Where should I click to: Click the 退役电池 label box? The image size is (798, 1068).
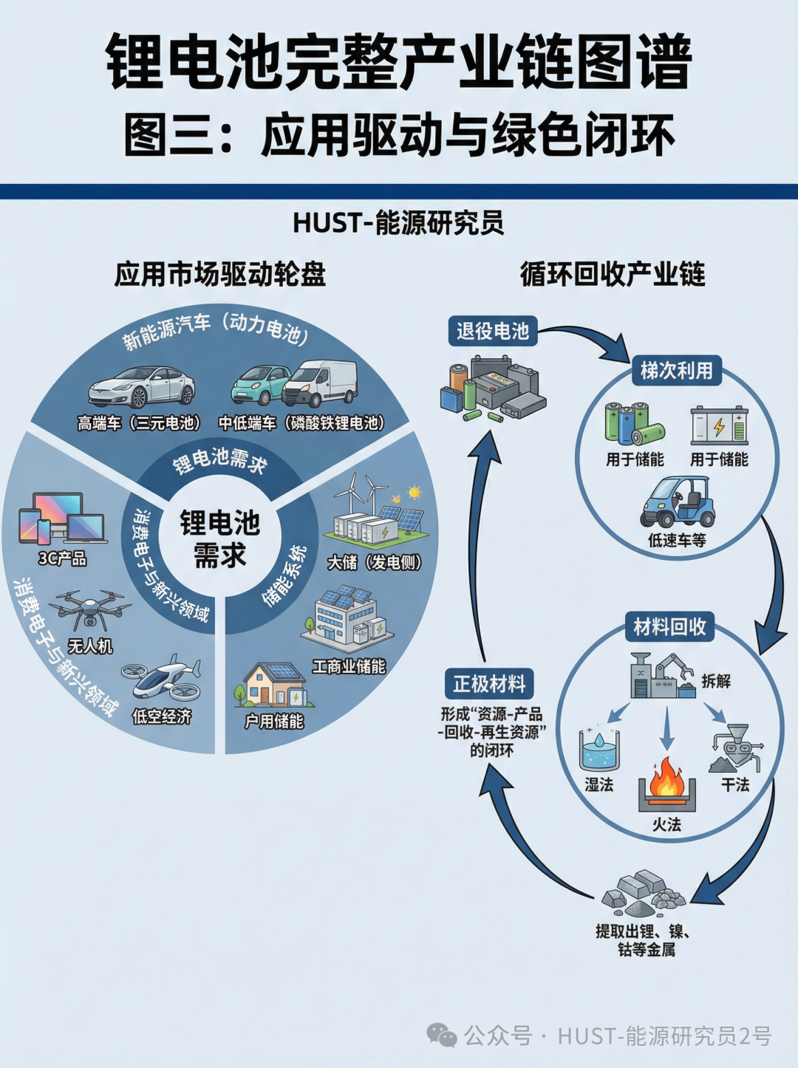coord(492,332)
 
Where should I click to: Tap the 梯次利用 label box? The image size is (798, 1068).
coord(676,372)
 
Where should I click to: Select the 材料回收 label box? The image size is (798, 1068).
coord(669,626)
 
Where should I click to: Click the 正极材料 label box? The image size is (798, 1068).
coord(489,684)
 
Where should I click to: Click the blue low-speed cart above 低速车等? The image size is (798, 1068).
coord(678,503)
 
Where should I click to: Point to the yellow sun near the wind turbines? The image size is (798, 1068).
coord(415,493)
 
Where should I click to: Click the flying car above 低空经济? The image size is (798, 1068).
coord(160,677)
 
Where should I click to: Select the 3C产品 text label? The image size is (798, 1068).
coord(62,558)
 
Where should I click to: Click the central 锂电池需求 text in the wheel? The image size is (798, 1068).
coord(220,538)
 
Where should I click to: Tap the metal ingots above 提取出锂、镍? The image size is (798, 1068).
coord(644,896)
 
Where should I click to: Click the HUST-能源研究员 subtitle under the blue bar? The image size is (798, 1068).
coord(398,223)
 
